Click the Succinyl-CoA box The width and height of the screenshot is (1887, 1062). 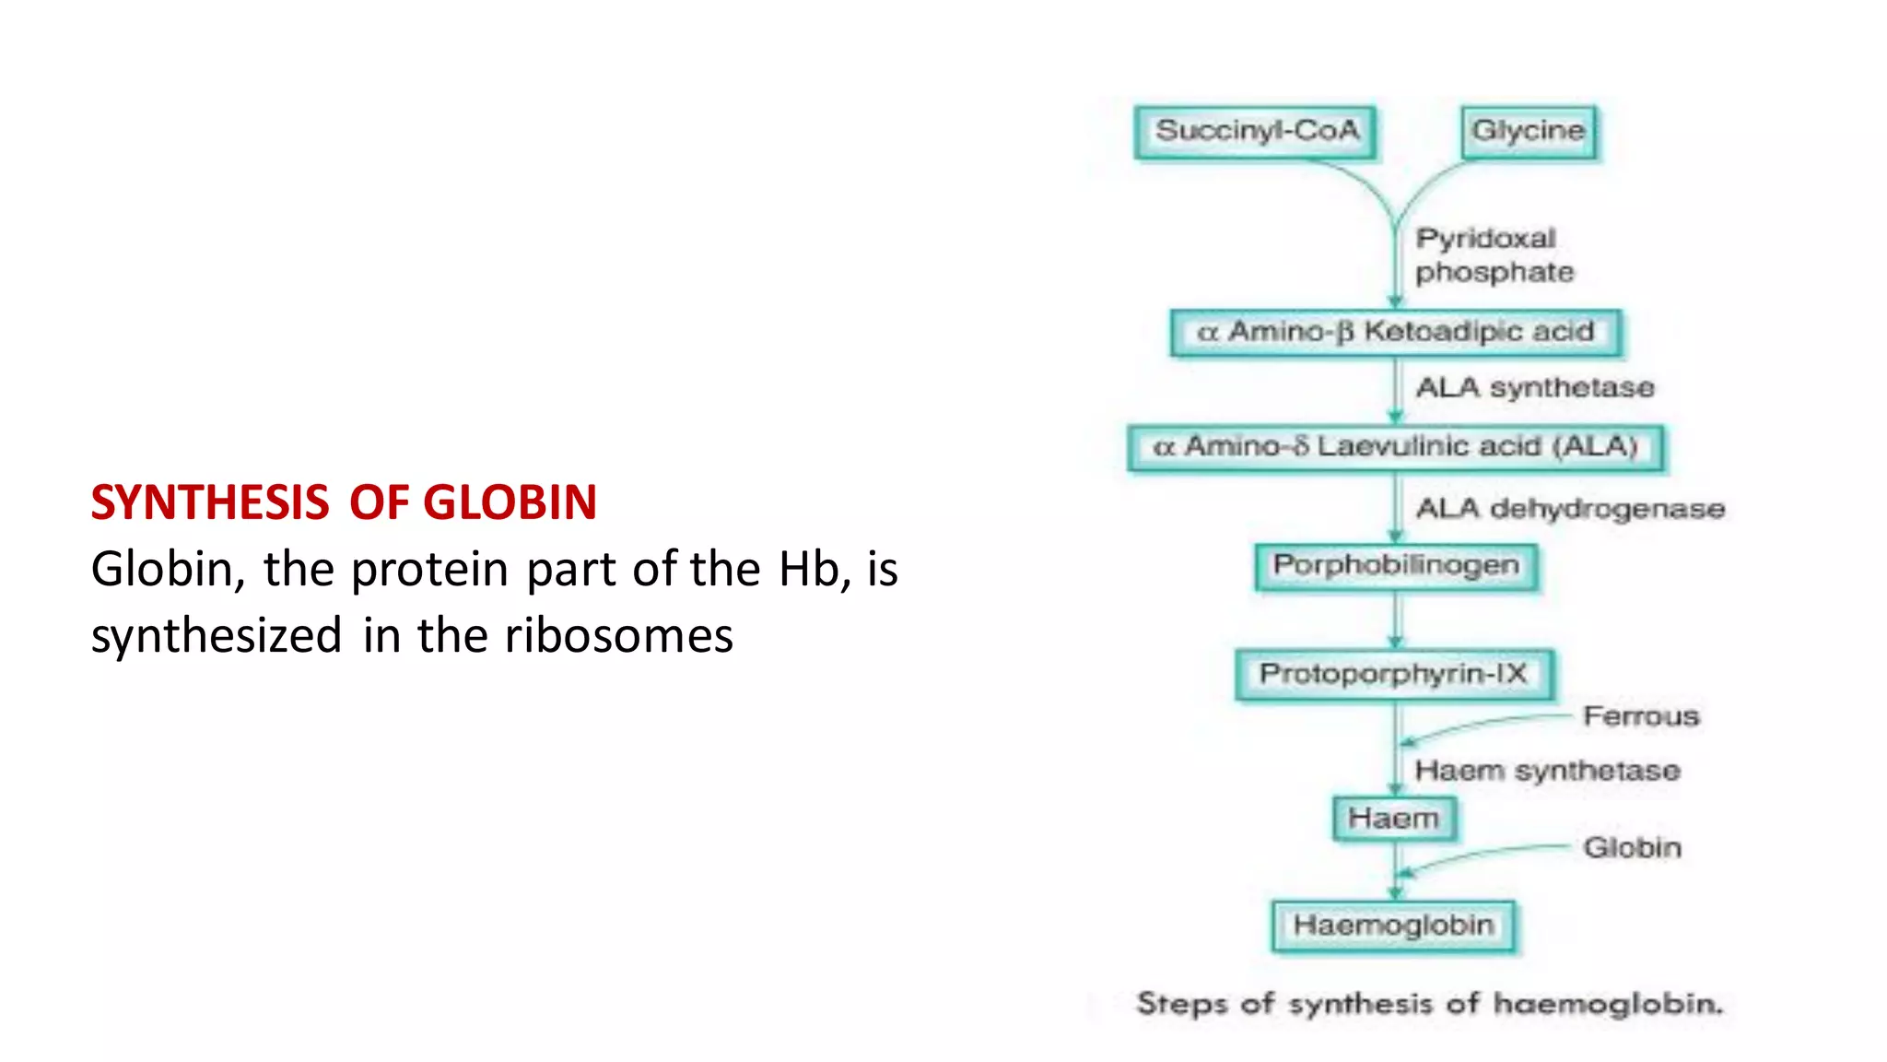pyautogui.click(x=1257, y=133)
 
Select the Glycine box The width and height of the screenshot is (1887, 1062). pyautogui.click(x=1529, y=133)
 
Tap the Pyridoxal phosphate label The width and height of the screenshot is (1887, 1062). pyautogui.click(x=1493, y=255)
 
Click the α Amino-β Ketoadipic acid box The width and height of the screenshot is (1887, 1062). pyautogui.click(x=1395, y=332)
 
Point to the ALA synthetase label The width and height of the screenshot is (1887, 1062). pyautogui.click(x=1534, y=388)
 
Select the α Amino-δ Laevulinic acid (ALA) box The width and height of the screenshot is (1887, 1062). pyautogui.click(x=1395, y=447)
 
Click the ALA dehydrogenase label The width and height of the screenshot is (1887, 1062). pyautogui.click(x=1569, y=509)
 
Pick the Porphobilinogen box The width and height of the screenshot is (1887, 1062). pyautogui.click(x=1395, y=566)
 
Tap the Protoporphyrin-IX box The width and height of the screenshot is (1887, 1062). pyautogui.click(x=1393, y=675)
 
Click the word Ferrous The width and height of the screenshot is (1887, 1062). pyautogui.click(x=1640, y=716)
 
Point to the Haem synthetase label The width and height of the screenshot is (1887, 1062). pyautogui.click(x=1546, y=771)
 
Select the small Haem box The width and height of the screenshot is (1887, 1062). pyautogui.click(x=1393, y=819)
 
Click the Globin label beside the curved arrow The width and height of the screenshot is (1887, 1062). pyautogui.click(x=1631, y=848)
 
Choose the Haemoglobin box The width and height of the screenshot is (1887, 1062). pyautogui.click(x=1393, y=926)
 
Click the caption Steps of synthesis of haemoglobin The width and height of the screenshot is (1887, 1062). pyautogui.click(x=1428, y=1004)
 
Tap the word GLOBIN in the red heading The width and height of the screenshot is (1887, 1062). pyautogui.click(x=509, y=503)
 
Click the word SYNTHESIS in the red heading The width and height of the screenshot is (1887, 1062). pyautogui.click(x=210, y=503)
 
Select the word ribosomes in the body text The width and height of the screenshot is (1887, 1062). pyautogui.click(x=618, y=636)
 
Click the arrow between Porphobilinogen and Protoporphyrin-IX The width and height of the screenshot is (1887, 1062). pyautogui.click(x=1395, y=619)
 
